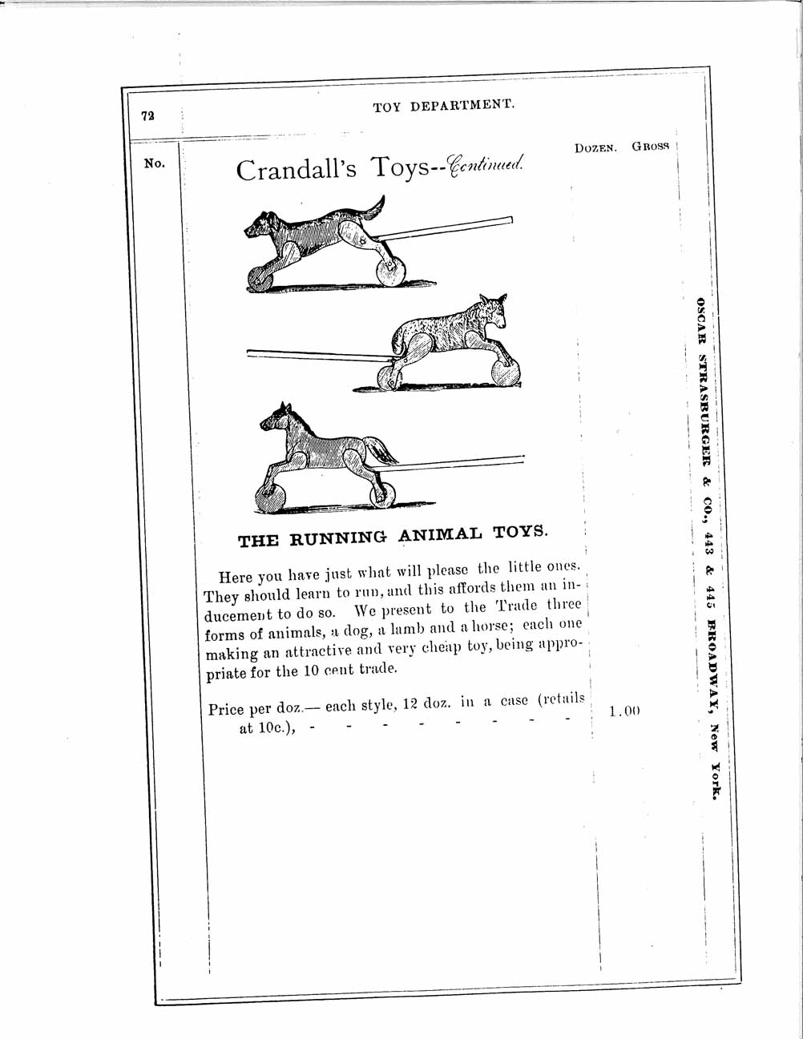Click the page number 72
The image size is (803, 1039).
click(x=147, y=115)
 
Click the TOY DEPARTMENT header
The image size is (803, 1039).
click(x=443, y=106)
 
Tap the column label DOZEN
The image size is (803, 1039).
click(x=595, y=148)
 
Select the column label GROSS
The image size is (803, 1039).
click(x=650, y=147)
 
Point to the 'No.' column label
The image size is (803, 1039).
click(x=155, y=163)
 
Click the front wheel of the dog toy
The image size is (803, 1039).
click(x=259, y=278)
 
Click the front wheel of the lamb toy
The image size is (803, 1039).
click(x=506, y=371)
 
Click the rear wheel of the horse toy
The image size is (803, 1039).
click(x=383, y=494)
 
